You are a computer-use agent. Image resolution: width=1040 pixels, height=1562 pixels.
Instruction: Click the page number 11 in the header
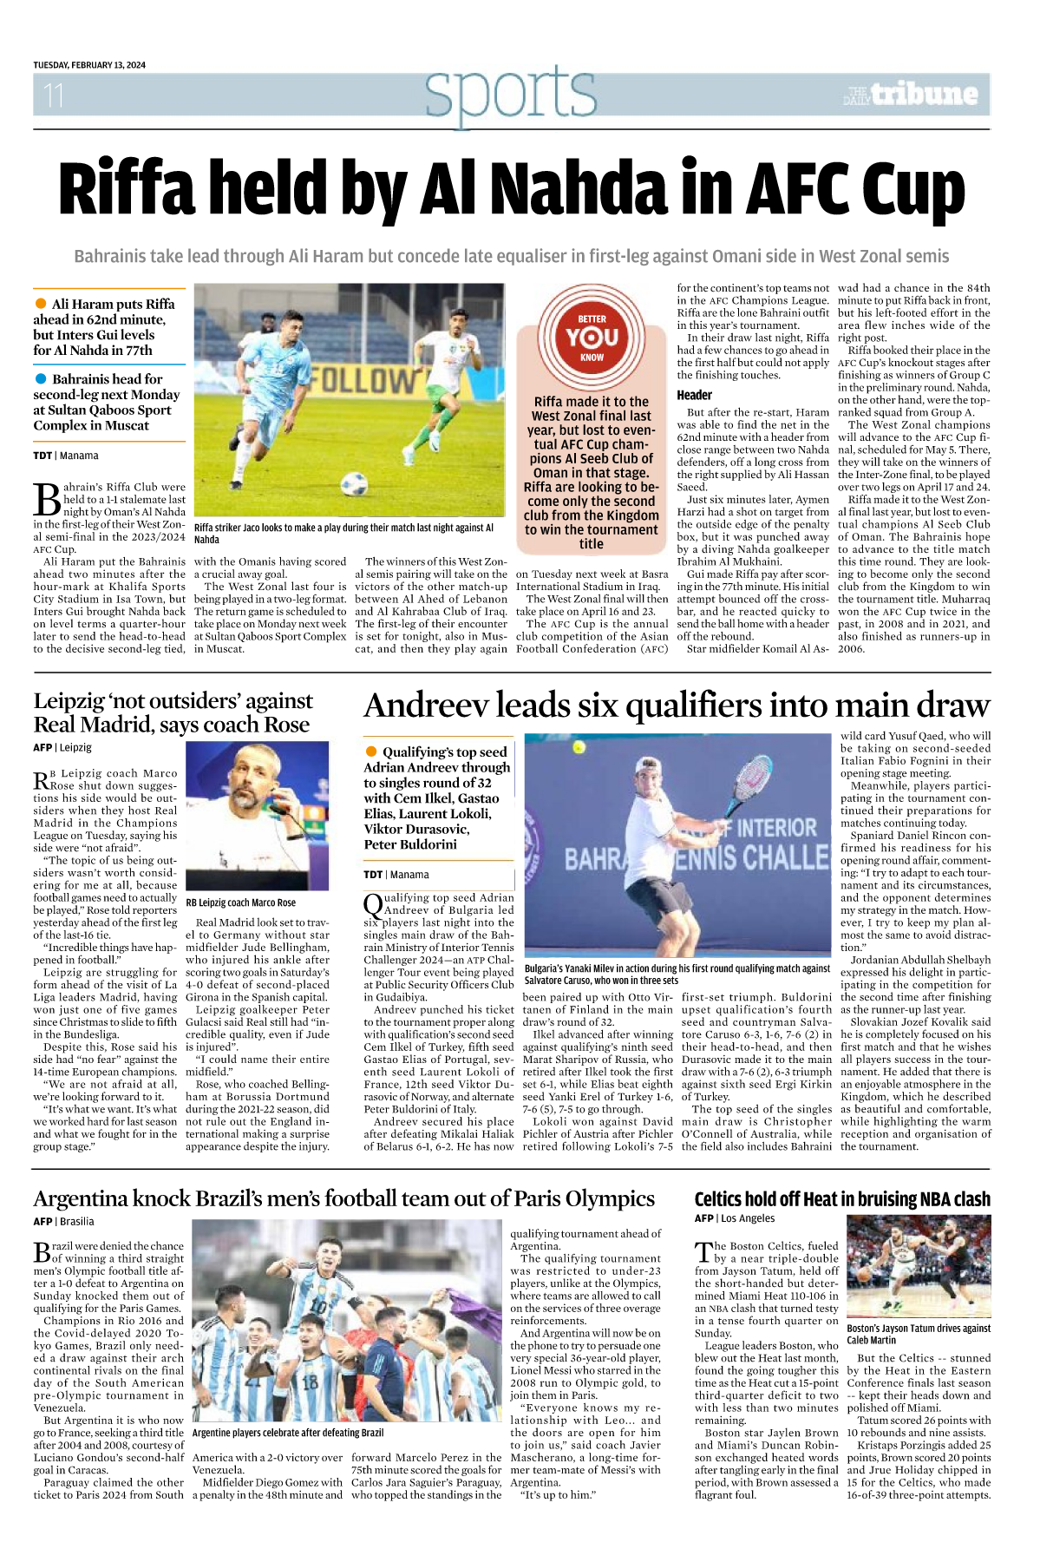point(54,95)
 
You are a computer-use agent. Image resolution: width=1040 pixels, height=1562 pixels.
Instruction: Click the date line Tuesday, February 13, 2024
point(89,65)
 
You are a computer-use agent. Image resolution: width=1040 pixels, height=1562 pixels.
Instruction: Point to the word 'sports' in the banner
point(511,93)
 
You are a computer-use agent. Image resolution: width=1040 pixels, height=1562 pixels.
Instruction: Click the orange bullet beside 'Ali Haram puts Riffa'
point(41,304)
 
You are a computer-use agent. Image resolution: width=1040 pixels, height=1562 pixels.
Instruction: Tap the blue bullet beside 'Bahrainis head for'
point(41,378)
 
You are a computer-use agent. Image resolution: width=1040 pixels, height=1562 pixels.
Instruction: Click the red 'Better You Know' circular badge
point(592,338)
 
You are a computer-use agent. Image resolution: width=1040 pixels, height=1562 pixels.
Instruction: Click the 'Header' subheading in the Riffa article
point(695,395)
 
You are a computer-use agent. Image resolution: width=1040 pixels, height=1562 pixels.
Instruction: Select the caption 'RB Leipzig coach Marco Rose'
point(241,902)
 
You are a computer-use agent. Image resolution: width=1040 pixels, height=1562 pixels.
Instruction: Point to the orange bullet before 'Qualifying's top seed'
point(371,751)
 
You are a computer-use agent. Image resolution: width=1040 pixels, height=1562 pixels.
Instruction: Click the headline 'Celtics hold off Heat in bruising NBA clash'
point(841,1199)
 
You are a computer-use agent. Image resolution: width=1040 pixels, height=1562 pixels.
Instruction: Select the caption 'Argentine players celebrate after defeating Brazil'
point(288,1433)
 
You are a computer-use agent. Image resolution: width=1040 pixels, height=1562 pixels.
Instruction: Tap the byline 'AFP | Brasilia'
point(64,1221)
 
